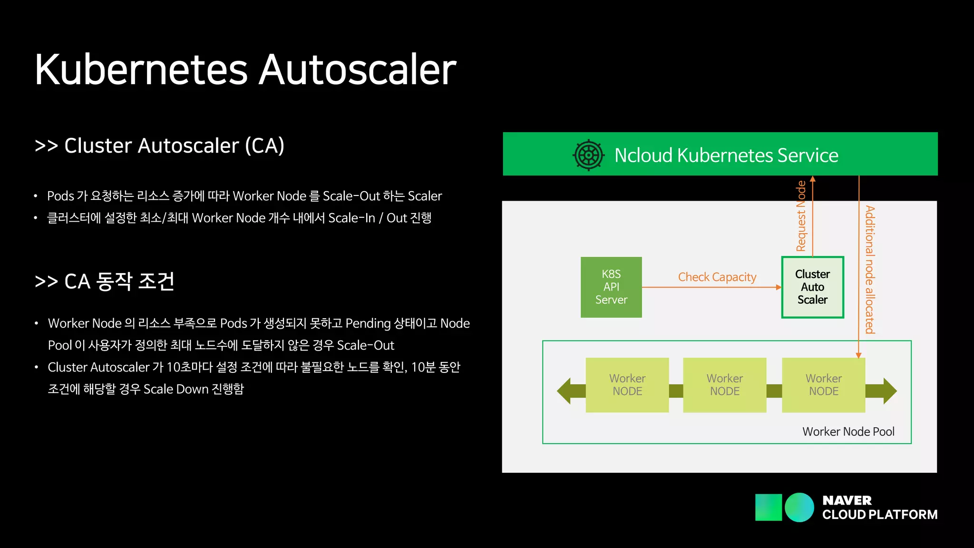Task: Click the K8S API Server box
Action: [x=611, y=287]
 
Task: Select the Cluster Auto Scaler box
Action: [x=812, y=287]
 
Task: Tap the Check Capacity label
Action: [x=717, y=277]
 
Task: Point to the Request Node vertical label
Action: [x=801, y=216]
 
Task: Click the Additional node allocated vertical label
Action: [x=870, y=270]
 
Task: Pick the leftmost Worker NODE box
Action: [x=627, y=385]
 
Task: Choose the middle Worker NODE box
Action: [x=724, y=385]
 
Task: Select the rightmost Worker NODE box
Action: [x=823, y=385]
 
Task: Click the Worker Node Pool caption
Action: [x=848, y=431]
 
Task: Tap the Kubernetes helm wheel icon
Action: [x=589, y=155]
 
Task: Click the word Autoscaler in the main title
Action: [x=358, y=70]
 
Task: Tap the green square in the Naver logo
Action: [x=768, y=507]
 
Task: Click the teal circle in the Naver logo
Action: [x=799, y=507]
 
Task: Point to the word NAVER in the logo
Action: [x=847, y=500]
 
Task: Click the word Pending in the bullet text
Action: [x=368, y=323]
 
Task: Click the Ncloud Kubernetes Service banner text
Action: [x=726, y=155]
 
